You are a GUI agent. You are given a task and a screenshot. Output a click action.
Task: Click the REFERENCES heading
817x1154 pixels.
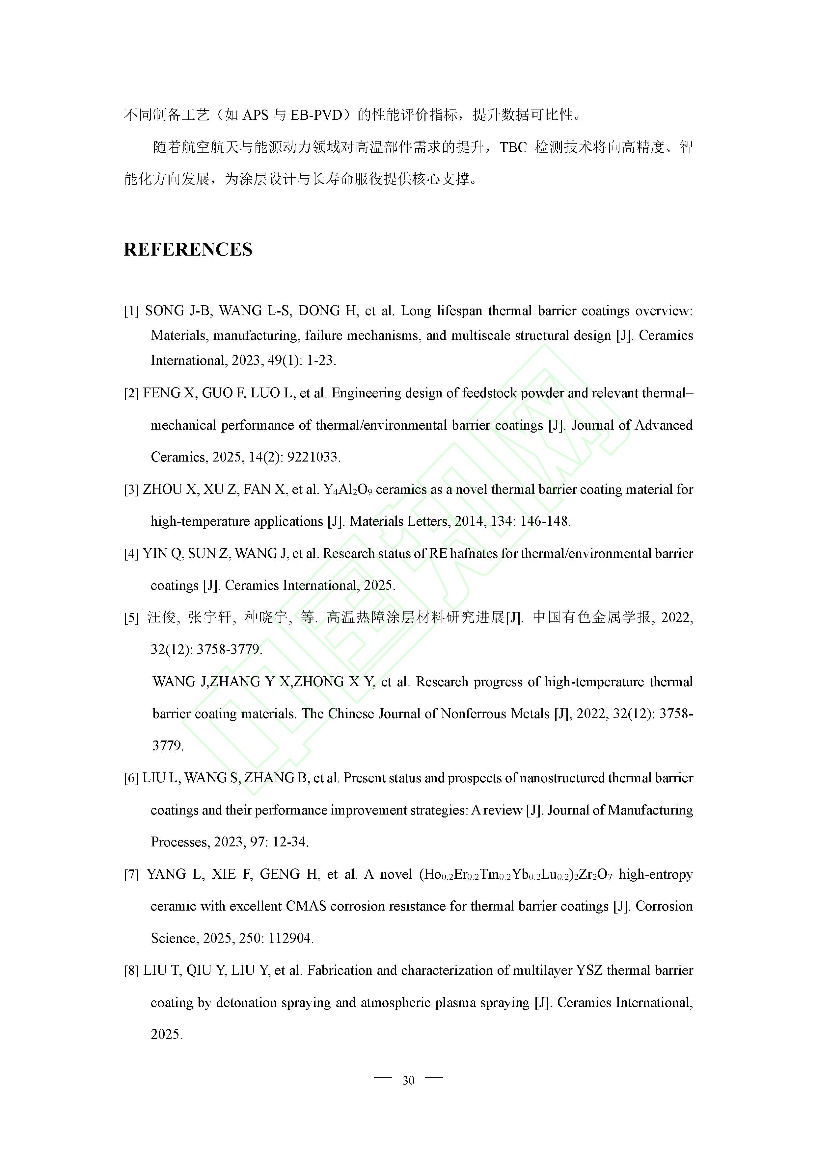pos(188,250)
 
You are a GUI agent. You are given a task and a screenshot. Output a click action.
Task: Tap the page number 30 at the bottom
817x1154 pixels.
pos(408,1081)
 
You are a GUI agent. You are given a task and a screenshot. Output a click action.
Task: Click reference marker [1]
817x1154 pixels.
pos(131,311)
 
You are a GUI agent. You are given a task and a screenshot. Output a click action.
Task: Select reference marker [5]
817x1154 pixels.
pos(131,618)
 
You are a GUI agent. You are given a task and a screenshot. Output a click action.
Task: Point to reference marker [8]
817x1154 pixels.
pos(131,970)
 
